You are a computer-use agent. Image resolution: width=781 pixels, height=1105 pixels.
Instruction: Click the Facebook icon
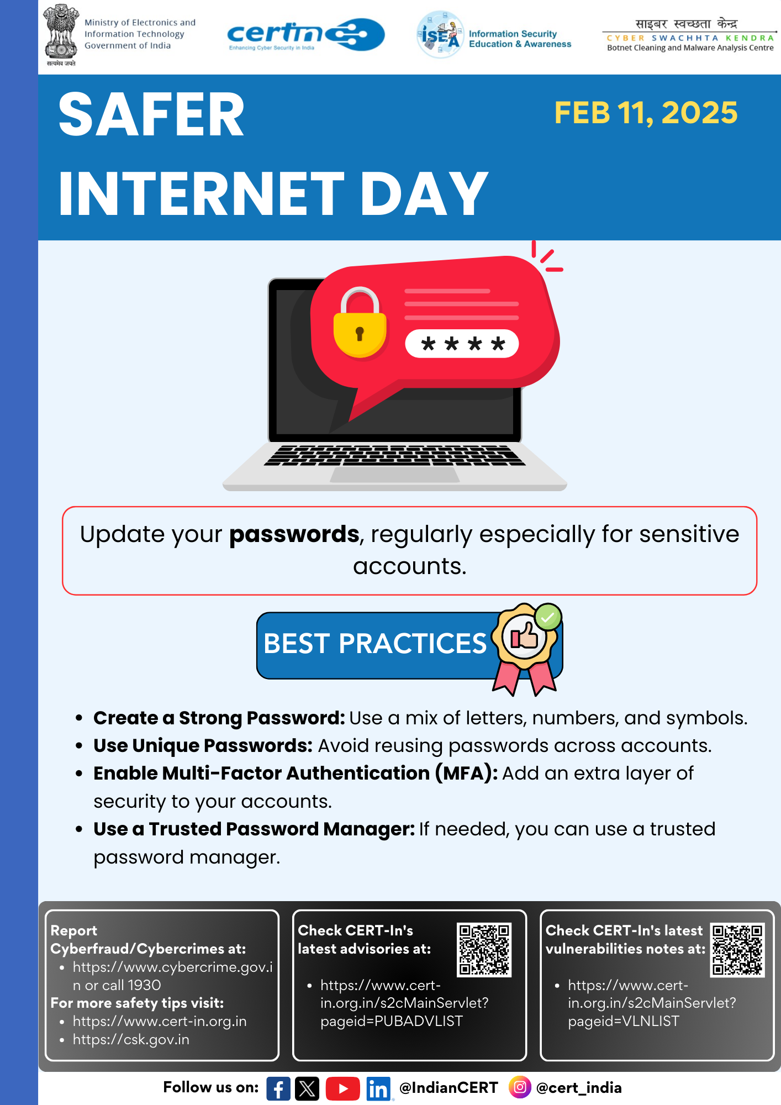278,1088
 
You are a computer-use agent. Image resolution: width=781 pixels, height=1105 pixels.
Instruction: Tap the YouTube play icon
342,1088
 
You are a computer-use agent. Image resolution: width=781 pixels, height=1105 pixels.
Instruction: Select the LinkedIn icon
378,1088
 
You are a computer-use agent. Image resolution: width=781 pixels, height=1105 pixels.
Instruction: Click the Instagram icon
520,1087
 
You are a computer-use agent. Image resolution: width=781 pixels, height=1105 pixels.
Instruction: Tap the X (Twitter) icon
307,1088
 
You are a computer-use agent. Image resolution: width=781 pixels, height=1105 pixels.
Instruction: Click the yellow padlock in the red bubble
360,322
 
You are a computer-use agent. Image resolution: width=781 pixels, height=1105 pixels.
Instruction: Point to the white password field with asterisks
462,344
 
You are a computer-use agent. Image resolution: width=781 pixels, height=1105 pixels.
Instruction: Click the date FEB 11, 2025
646,113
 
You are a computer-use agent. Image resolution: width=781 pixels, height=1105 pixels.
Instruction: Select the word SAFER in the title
151,115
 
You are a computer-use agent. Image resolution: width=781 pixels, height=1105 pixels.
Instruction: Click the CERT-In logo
306,35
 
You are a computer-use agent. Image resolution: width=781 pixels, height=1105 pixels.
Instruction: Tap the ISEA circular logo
440,35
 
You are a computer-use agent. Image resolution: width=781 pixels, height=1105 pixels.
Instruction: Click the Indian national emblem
61,34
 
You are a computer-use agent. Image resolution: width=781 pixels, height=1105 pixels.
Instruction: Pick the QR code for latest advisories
484,949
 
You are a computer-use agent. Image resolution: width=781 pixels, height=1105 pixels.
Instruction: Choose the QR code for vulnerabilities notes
737,949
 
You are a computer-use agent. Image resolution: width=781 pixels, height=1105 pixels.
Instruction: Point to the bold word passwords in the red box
294,534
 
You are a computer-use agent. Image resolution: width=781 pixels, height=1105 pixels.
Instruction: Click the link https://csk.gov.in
131,1039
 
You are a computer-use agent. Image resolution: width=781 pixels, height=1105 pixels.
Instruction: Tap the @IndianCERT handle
448,1087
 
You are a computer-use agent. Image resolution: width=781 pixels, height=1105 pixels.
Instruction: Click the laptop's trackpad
395,475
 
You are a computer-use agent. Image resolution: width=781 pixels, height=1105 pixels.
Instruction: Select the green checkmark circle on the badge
548,617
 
